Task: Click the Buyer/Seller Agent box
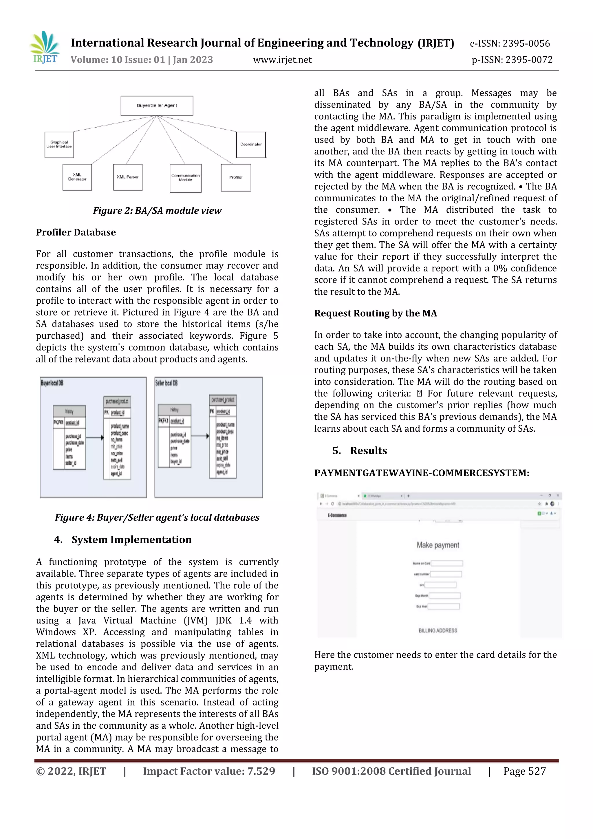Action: [x=157, y=106]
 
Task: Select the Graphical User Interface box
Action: [x=59, y=145]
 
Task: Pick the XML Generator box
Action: [x=77, y=177]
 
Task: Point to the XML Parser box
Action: [x=128, y=177]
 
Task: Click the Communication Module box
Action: [x=186, y=178]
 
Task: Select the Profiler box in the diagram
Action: [x=236, y=178]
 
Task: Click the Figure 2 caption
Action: [x=157, y=211]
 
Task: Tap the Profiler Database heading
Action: [x=76, y=232]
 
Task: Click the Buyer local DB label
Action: [x=52, y=383]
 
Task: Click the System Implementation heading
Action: [x=131, y=540]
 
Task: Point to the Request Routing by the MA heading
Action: [x=375, y=313]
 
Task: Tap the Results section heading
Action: [x=368, y=450]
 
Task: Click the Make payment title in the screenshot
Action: [x=438, y=545]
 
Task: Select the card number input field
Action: [x=446, y=574]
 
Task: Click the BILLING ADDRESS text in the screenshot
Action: [x=438, y=630]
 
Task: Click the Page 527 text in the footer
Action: [x=524, y=771]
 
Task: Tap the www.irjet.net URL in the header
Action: [x=282, y=60]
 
